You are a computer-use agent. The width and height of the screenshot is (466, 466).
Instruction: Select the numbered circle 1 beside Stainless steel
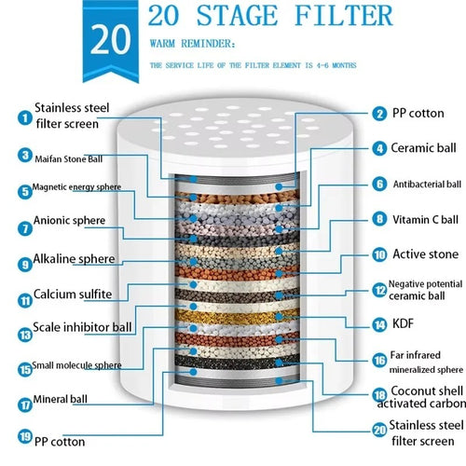coord(22,116)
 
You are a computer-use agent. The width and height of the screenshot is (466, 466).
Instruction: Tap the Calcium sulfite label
coord(73,295)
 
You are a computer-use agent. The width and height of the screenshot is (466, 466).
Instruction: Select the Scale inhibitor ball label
coord(82,327)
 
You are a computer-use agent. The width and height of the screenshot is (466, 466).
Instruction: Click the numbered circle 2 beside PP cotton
coord(378,113)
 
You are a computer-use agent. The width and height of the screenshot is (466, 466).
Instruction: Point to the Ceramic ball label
coord(426,146)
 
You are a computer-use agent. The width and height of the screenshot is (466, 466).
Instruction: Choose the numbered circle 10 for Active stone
coord(378,253)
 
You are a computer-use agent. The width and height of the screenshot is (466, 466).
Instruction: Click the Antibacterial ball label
coord(426,184)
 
